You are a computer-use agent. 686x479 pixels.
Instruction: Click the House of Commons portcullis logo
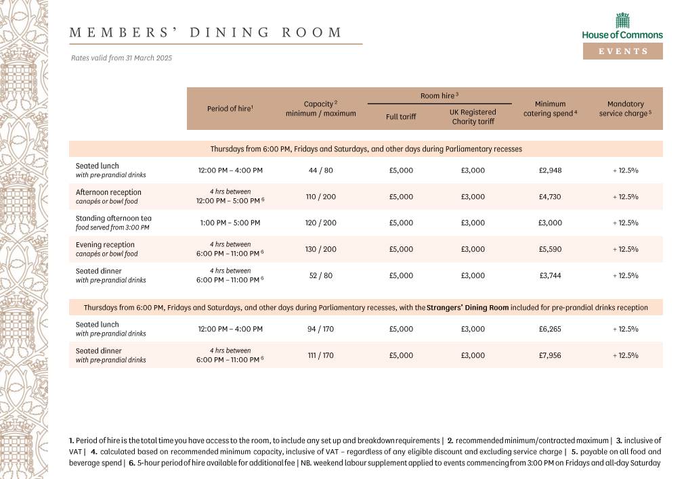click(622, 20)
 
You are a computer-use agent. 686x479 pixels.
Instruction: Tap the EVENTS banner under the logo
click(622, 51)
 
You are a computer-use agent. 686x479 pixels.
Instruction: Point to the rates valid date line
click(122, 58)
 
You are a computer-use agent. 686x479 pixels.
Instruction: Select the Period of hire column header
click(230, 109)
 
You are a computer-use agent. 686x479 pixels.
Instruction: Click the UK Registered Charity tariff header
click(473, 116)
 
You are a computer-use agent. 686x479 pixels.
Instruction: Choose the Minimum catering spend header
click(550, 109)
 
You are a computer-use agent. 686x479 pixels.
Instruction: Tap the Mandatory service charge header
click(625, 109)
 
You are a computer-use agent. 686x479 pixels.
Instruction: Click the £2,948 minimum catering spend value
click(550, 170)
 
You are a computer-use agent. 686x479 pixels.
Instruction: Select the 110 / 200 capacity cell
click(320, 197)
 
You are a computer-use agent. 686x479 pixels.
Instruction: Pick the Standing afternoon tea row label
click(113, 219)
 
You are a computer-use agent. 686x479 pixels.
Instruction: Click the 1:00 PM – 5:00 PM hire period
click(230, 223)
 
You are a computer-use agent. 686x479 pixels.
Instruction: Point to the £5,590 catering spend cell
click(550, 250)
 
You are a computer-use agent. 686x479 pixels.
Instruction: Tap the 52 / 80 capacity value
click(320, 276)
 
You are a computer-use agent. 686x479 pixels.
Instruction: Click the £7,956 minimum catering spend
click(550, 355)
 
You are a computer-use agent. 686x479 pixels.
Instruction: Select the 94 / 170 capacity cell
click(320, 329)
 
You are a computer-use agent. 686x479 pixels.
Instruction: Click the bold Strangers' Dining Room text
click(467, 308)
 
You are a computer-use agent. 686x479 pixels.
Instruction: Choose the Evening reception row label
click(105, 245)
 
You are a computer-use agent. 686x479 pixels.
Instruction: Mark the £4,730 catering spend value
click(550, 197)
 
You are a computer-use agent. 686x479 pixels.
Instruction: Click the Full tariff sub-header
click(401, 117)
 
